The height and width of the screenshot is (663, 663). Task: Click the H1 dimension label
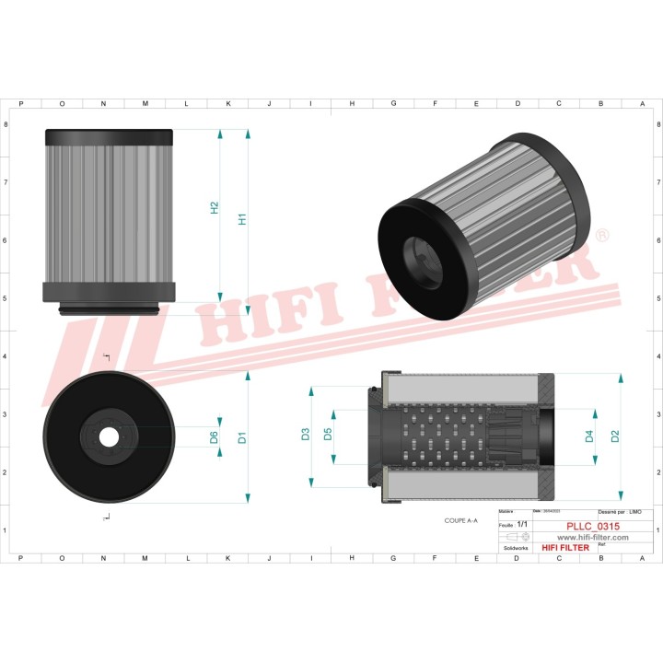tap(243, 219)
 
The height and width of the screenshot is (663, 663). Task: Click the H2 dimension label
tap(215, 208)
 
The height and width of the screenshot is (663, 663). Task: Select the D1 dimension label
tap(243, 437)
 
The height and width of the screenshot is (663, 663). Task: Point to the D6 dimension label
tap(215, 437)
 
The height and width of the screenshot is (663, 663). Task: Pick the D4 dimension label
tap(589, 436)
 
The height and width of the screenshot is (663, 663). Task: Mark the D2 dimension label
tap(616, 436)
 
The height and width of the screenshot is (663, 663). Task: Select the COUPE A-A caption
tap(460, 520)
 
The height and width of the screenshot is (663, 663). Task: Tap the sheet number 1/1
tap(523, 524)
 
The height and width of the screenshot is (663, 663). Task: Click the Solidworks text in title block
tap(516, 547)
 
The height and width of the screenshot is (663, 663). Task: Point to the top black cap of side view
tap(109, 134)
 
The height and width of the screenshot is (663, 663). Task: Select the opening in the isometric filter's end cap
tap(421, 255)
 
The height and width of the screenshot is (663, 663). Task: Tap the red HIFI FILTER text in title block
tap(565, 548)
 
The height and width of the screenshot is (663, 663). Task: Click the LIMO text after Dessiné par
tap(635, 510)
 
